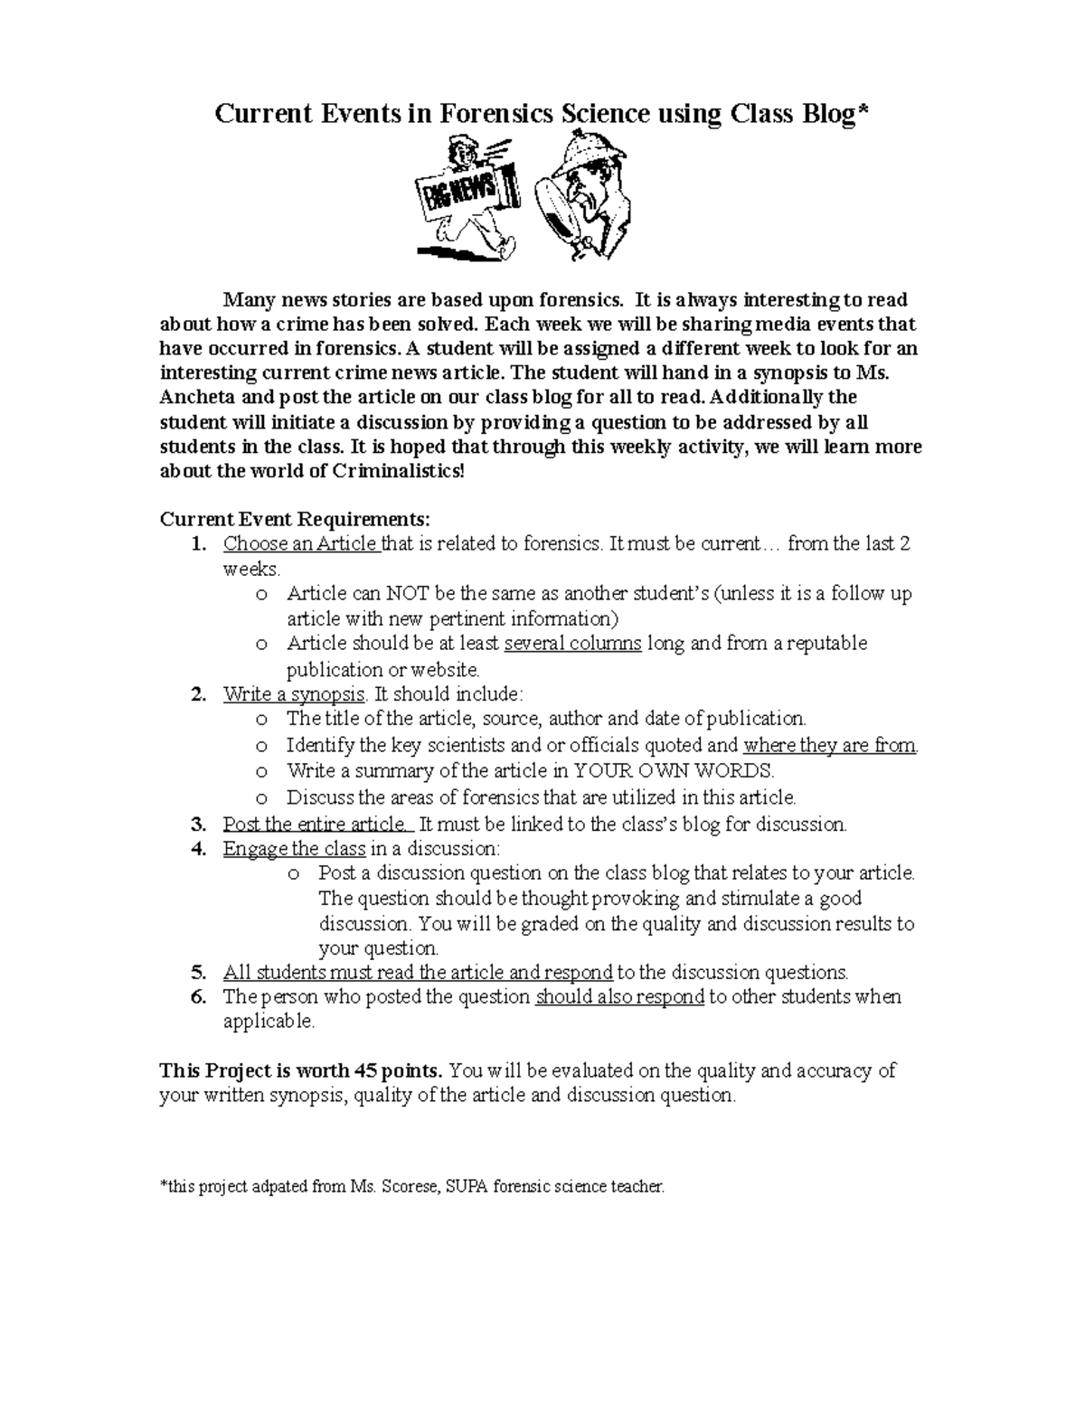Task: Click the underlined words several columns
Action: coord(572,644)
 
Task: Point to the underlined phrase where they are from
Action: coord(829,746)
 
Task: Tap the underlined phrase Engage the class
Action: coord(294,849)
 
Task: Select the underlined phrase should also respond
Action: coord(619,997)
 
